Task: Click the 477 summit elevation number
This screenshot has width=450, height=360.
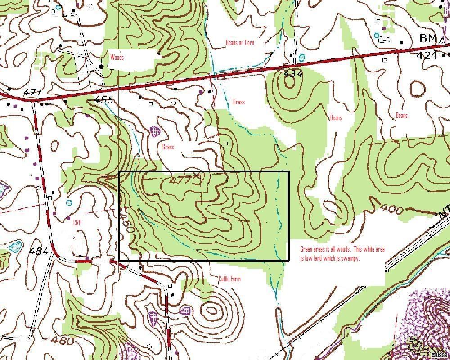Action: point(181,181)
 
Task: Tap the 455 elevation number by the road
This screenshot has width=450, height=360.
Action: point(104,99)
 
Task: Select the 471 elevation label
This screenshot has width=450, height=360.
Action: point(33,93)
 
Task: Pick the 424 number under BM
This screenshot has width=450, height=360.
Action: point(426,55)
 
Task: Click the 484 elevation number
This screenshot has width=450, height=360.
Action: point(39,251)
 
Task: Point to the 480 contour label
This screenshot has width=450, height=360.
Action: point(63,340)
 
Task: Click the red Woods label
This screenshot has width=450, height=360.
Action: point(117,58)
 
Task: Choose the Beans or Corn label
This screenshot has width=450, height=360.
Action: point(240,43)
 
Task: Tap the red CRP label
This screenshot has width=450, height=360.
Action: point(78,222)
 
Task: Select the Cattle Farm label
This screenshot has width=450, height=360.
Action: point(229,279)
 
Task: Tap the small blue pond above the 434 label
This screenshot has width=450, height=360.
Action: point(301,58)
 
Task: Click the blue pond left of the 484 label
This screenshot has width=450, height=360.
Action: point(16,246)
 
